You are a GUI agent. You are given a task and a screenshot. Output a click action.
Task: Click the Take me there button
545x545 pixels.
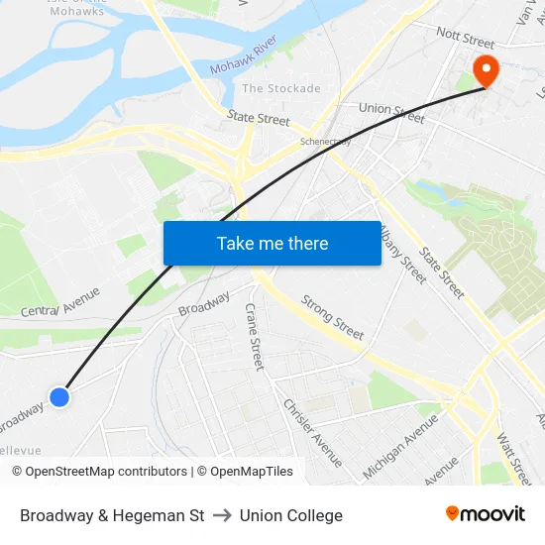point(272,244)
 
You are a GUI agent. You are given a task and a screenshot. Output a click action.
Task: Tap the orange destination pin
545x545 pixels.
point(487,71)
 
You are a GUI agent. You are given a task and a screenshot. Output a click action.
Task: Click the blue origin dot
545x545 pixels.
point(59,396)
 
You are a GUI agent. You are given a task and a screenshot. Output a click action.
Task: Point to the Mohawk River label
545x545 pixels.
point(242,65)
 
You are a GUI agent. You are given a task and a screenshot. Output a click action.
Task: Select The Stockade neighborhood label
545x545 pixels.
point(281,88)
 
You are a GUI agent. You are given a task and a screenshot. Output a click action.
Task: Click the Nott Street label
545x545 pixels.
point(465,41)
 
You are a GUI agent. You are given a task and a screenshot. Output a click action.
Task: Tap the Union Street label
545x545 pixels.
point(391,112)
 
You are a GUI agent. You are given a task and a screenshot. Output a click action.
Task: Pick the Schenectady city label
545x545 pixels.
point(326,142)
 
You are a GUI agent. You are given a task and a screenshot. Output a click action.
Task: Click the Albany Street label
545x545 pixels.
point(403,255)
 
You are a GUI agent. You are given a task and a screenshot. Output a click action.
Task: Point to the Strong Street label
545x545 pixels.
point(332,316)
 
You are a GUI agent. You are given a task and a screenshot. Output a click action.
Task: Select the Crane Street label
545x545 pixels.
point(255,337)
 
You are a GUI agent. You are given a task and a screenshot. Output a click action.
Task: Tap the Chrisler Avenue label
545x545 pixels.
point(313,433)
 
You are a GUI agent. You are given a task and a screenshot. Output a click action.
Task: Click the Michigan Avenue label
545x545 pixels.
point(400,446)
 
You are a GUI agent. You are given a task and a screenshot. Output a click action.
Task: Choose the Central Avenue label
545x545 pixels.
point(60,302)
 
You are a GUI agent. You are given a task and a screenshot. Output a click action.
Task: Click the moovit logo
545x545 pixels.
point(486,514)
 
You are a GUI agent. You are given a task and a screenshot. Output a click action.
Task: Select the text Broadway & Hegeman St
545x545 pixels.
point(112,515)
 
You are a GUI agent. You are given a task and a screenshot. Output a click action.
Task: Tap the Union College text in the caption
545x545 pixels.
point(291,515)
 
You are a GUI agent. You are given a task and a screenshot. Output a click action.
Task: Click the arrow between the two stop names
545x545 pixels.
point(222,515)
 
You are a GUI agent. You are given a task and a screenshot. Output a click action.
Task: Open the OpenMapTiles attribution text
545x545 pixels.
point(245,472)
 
